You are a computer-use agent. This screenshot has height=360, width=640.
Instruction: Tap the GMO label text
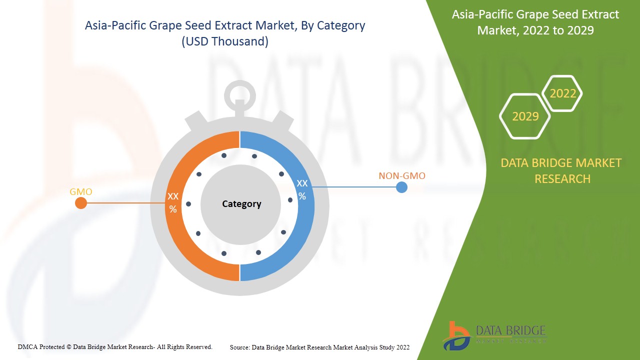(x=81, y=192)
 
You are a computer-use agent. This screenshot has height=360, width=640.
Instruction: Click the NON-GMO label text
(x=402, y=176)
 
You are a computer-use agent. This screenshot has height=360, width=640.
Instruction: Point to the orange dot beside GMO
(x=81, y=203)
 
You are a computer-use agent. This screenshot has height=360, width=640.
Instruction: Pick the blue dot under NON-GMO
(x=401, y=187)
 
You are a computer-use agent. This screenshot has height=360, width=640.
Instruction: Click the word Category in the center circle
(x=241, y=204)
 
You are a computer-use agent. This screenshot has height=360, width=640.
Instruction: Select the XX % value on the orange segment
(x=173, y=203)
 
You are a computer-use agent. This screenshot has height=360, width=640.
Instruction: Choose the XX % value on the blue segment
(x=302, y=189)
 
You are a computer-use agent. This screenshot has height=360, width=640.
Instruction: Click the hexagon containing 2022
(x=563, y=93)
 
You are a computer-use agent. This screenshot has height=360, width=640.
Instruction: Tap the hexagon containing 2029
(x=525, y=116)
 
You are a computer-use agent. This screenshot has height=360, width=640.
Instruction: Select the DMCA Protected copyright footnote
(x=115, y=346)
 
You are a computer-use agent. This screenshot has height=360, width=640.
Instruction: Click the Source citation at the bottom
(x=319, y=347)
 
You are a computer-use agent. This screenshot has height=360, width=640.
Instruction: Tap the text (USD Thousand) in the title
(x=225, y=41)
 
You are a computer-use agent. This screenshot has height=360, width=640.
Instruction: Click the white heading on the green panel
(x=535, y=22)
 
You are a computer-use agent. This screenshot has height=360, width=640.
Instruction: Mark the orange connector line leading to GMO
(x=125, y=203)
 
